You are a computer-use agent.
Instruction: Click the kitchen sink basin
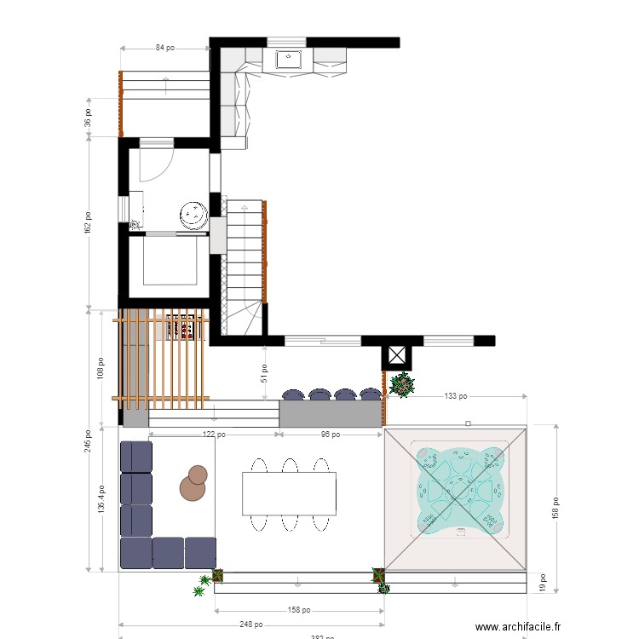coord(287,60)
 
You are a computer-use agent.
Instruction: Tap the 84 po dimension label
coord(165,49)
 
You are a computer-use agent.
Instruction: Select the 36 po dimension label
coord(88,117)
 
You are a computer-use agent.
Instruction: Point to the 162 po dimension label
coord(88,222)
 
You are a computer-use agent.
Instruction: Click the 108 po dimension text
coord(101,367)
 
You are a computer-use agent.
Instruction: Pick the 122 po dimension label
coord(213,435)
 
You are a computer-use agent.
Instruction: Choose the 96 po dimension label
coord(330,435)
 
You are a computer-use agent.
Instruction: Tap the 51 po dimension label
coord(265,373)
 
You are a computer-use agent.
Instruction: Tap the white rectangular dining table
coord(289,493)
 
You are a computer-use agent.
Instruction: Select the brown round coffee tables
coord(193,484)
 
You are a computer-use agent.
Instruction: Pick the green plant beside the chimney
coord(401,386)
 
